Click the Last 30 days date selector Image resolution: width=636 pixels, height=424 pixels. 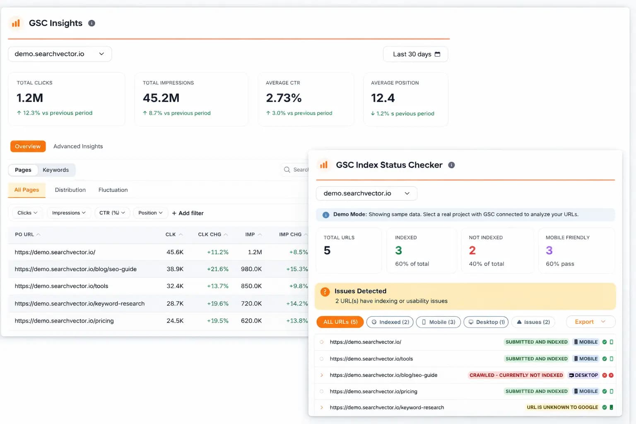pyautogui.click(x=416, y=54)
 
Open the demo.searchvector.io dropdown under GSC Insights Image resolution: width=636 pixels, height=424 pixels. pyautogui.click(x=60, y=54)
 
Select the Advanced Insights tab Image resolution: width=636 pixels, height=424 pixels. pyautogui.click(x=78, y=146)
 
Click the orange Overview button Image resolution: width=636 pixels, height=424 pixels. pyautogui.click(x=28, y=146)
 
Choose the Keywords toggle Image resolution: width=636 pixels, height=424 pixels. pyautogui.click(x=55, y=170)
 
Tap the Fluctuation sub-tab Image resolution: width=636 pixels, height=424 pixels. pyautogui.click(x=113, y=190)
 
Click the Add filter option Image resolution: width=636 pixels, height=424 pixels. pyautogui.click(x=188, y=213)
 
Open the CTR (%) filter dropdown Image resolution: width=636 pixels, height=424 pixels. pyautogui.click(x=112, y=213)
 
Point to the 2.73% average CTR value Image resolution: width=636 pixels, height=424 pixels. pyautogui.click(x=284, y=98)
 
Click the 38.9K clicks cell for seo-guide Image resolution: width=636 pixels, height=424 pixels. pyautogui.click(x=175, y=269)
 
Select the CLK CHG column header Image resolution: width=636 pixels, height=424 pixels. pyautogui.click(x=210, y=234)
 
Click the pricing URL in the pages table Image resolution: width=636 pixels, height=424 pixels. pyautogui.click(x=64, y=321)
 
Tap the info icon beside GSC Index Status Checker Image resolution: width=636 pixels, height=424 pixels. pyautogui.click(x=451, y=165)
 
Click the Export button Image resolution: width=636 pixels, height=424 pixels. pyautogui.click(x=590, y=322)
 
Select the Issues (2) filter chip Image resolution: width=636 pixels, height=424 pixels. pyautogui.click(x=533, y=322)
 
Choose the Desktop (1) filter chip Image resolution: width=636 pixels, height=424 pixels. pyautogui.click(x=486, y=322)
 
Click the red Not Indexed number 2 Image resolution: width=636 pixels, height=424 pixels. pyautogui.click(x=472, y=251)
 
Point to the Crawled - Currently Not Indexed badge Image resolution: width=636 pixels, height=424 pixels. pyautogui.click(x=516, y=375)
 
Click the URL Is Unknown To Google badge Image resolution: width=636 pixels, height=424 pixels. pyautogui.click(x=562, y=407)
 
